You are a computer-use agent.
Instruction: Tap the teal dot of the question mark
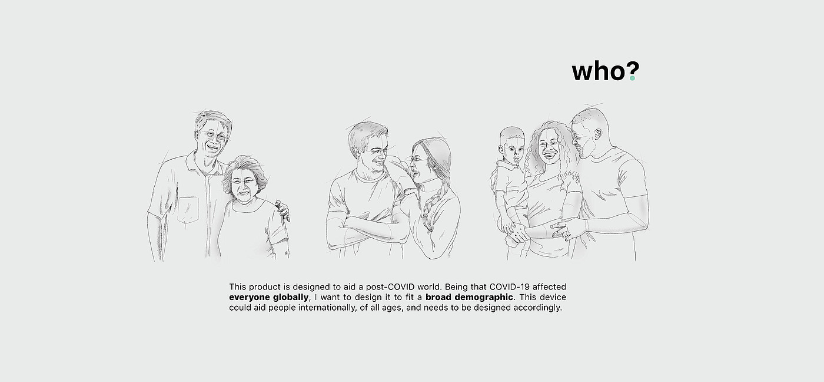point(632,78)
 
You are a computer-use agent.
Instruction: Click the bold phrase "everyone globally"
point(268,297)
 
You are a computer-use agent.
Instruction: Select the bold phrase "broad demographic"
point(469,297)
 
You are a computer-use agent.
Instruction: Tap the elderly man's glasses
point(212,136)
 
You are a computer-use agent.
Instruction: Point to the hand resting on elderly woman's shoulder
point(283,210)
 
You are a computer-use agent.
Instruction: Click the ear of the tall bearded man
point(598,134)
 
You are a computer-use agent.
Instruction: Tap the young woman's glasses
point(417,159)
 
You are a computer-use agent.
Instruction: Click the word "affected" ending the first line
point(549,286)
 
